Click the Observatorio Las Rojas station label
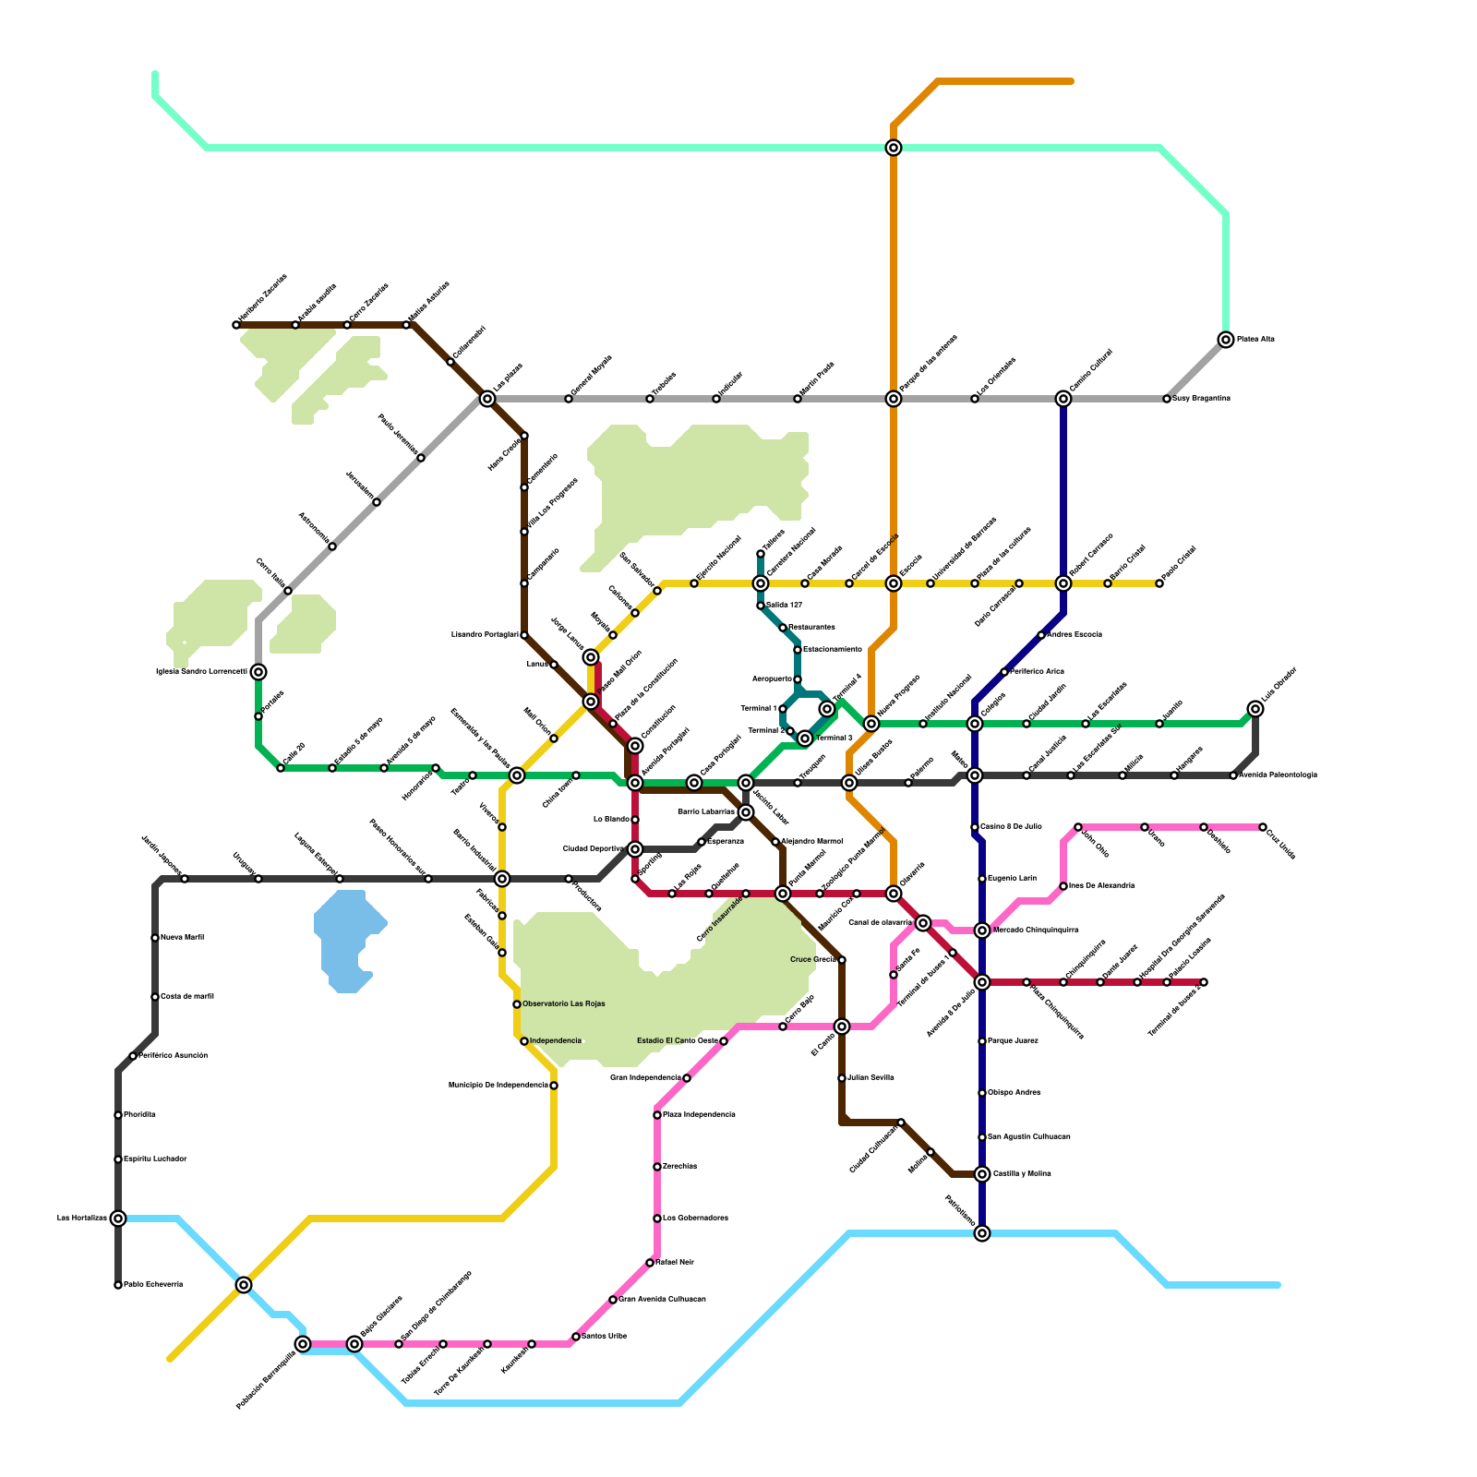[x=563, y=1004]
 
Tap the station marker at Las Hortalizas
[x=118, y=1219]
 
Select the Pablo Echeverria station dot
[x=118, y=1285]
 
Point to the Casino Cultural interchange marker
[x=1063, y=399]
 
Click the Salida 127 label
[x=784, y=606]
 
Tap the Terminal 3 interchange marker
[x=805, y=738]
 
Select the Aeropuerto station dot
[x=798, y=679]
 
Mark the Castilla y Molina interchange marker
[x=982, y=1174]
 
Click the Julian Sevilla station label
[x=870, y=1078]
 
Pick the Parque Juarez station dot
[x=982, y=1041]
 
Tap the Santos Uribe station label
[x=604, y=1337]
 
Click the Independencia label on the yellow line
[x=556, y=1041]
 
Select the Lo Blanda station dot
[x=635, y=820]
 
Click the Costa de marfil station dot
[x=155, y=997]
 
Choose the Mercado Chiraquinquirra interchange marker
[x=982, y=931]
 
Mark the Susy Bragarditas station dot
[x=1167, y=399]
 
